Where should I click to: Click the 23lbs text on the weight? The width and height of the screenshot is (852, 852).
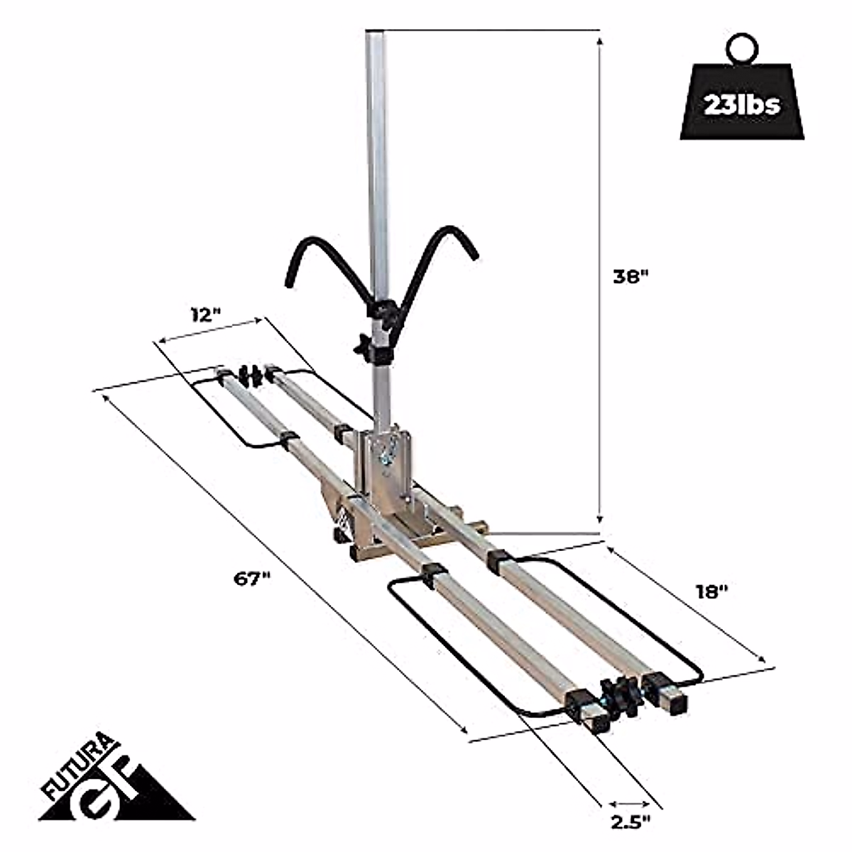pyautogui.click(x=743, y=105)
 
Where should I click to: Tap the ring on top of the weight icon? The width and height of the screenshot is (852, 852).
pyautogui.click(x=741, y=50)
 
